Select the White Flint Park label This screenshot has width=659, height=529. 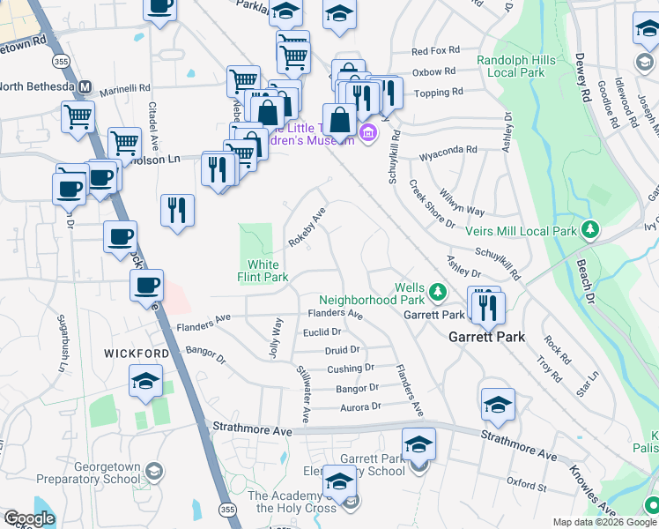tap(263, 271)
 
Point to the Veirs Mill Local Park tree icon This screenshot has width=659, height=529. tap(592, 232)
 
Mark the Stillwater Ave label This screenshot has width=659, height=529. tap(302, 393)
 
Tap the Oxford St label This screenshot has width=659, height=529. tap(527, 485)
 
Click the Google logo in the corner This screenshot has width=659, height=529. tap(29, 518)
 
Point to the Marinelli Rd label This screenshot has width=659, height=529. tap(124, 88)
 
